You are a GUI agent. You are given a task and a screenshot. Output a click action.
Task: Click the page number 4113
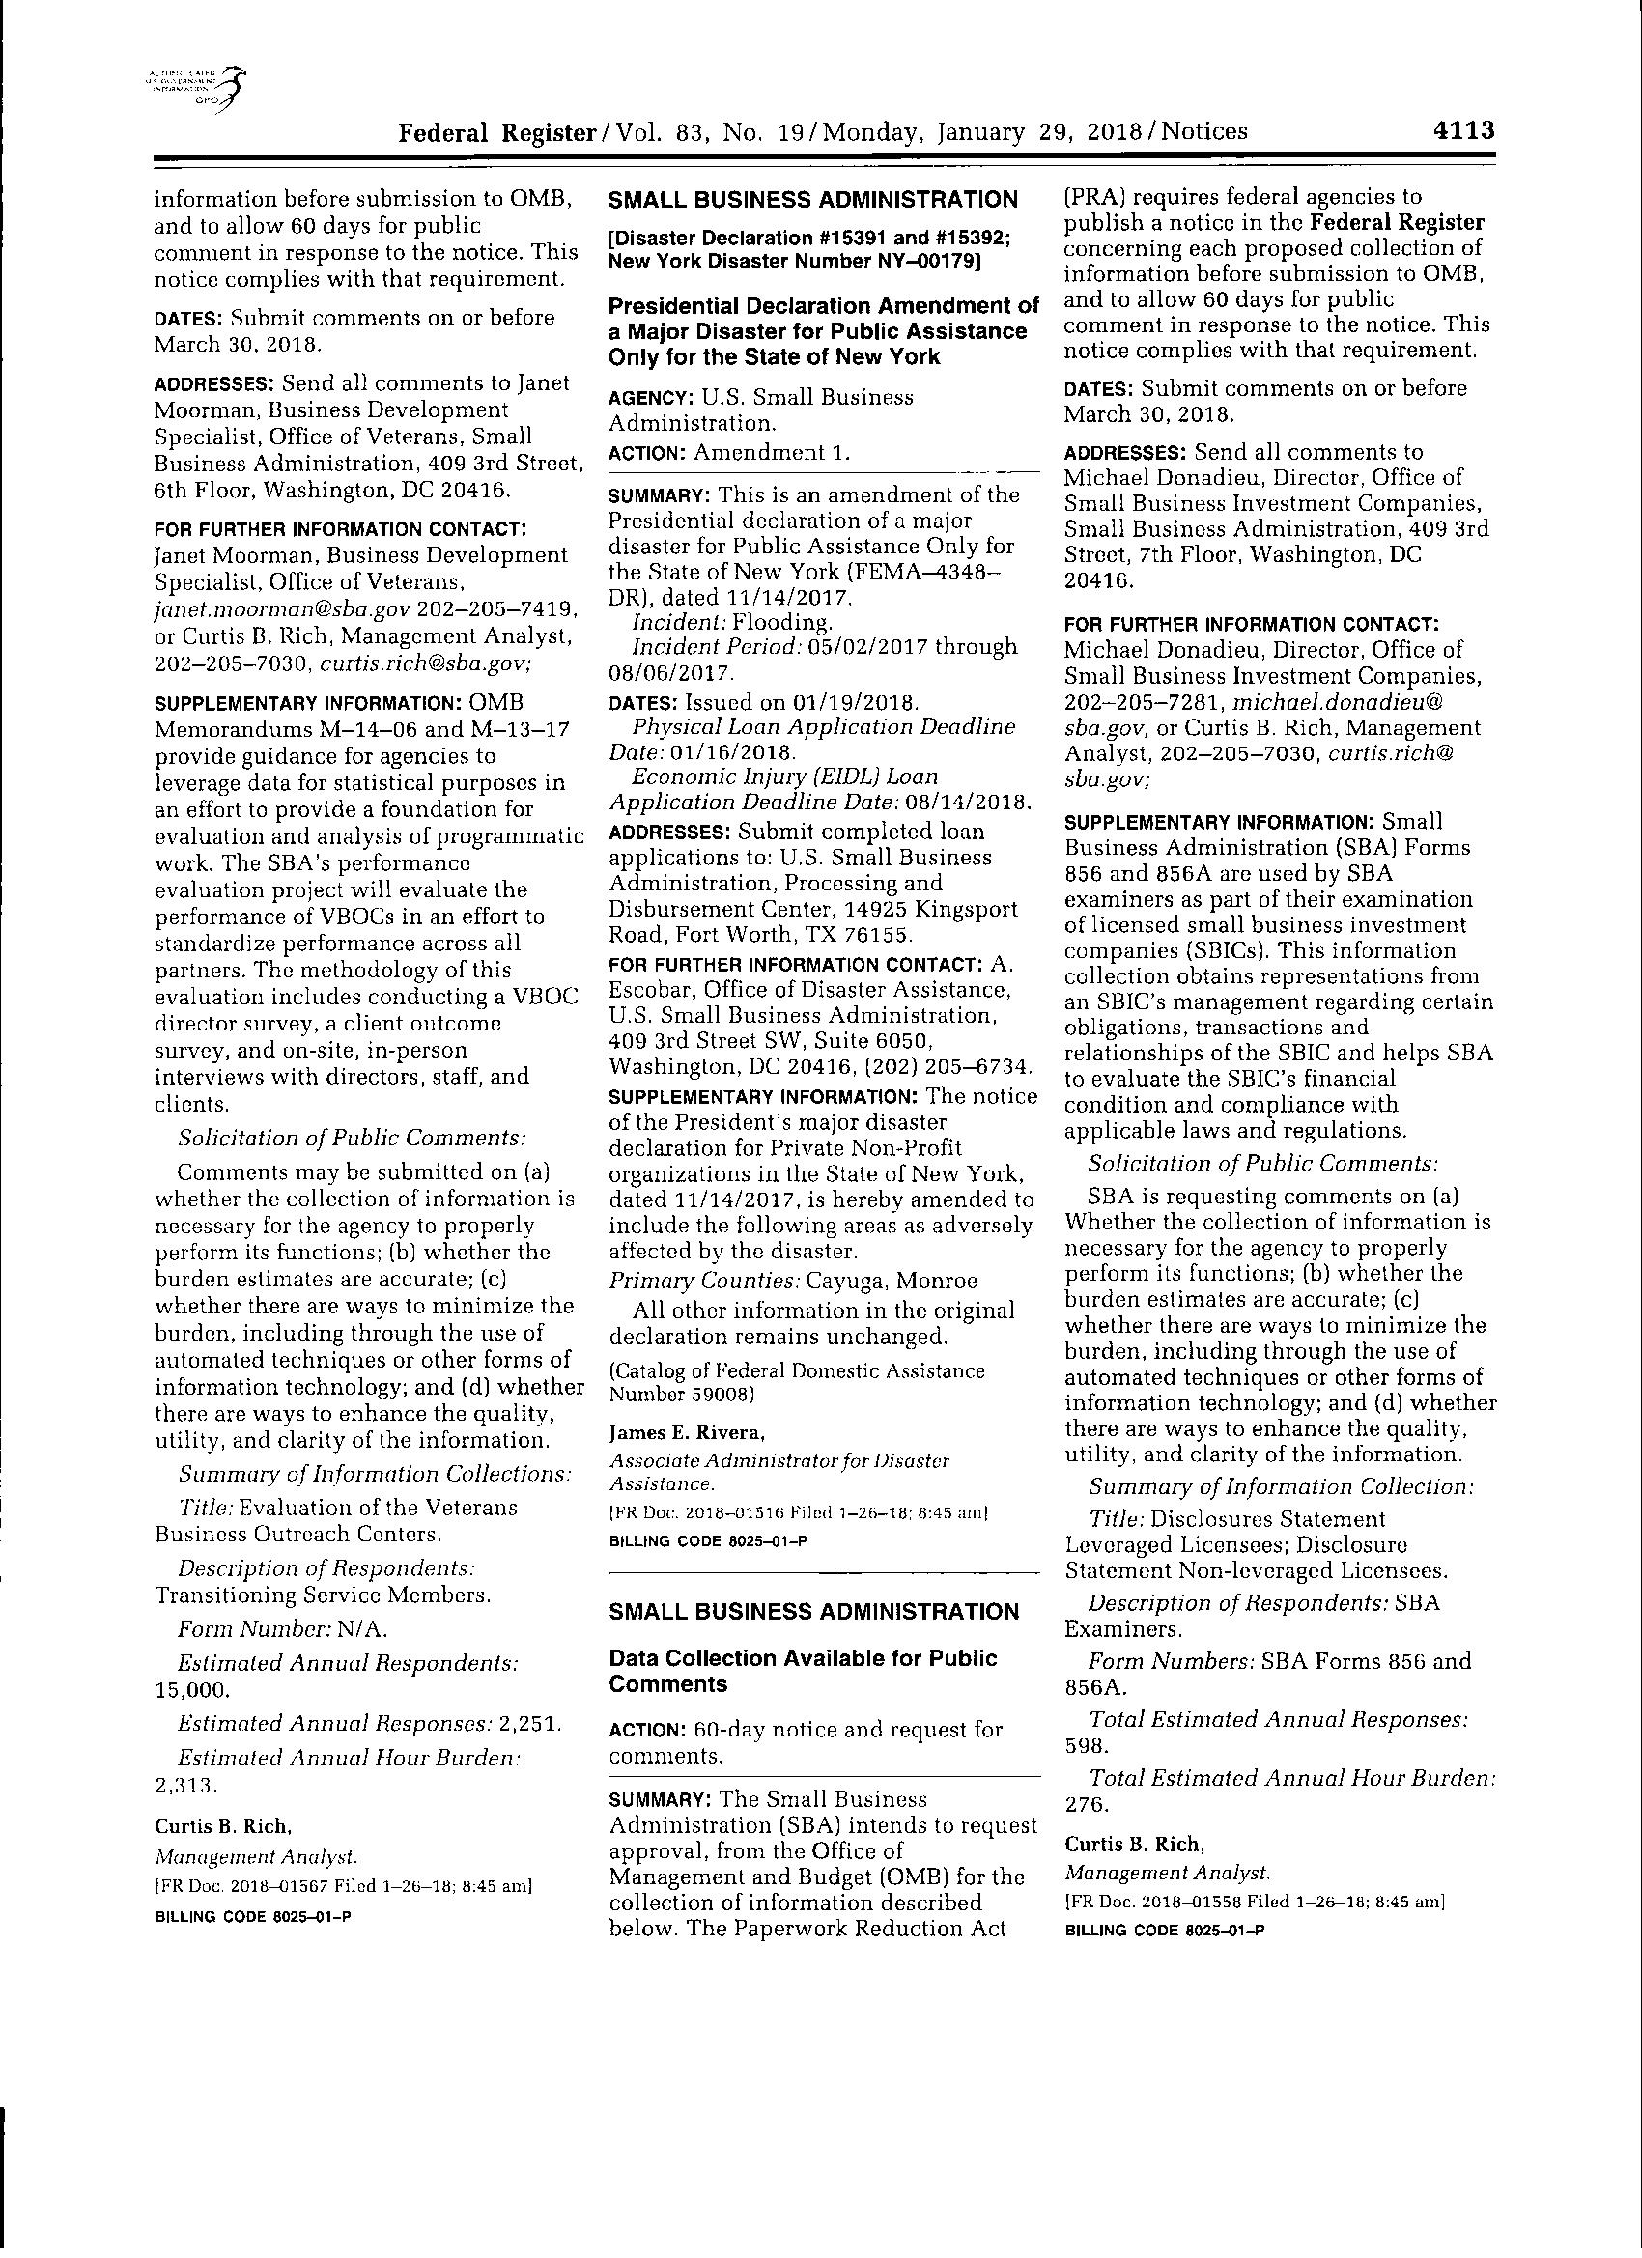pyautogui.click(x=1462, y=131)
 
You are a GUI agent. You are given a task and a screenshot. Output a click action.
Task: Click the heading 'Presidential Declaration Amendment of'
pyautogui.click(x=823, y=304)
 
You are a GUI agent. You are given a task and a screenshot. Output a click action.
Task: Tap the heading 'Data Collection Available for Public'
pyautogui.click(x=802, y=1657)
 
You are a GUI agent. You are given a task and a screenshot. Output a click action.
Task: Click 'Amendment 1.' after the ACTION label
pyautogui.click(x=772, y=453)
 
